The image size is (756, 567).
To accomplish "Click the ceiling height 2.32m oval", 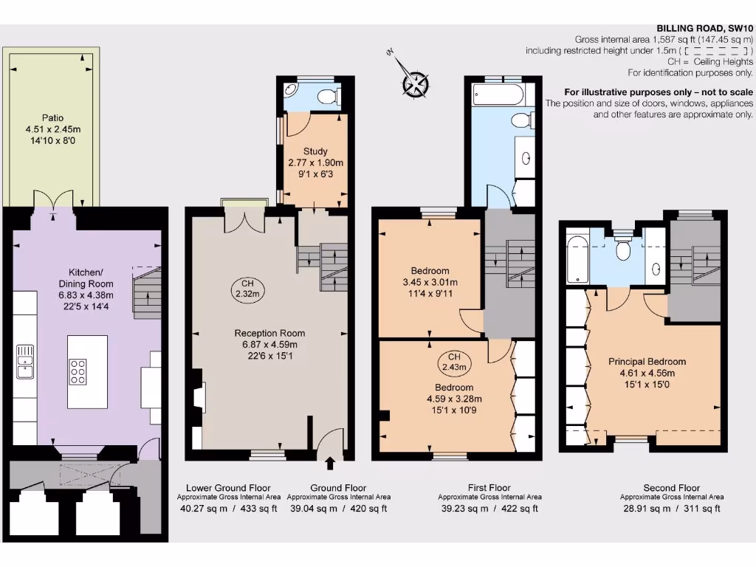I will [x=244, y=287].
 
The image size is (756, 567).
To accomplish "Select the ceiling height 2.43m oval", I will [x=453, y=361].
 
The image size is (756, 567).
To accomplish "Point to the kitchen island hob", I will [x=78, y=371].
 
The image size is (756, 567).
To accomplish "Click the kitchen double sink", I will [x=24, y=361].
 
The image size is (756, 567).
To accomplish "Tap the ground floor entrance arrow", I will [x=329, y=463].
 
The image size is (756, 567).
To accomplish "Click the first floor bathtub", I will [x=497, y=93].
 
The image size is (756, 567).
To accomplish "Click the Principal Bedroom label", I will [x=647, y=362].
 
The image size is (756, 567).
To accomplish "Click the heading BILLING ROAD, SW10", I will [x=704, y=27].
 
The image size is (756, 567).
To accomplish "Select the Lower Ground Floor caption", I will [x=228, y=488].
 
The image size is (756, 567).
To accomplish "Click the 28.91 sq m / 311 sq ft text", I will [x=671, y=508].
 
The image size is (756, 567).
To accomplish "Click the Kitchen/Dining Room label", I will [x=86, y=278].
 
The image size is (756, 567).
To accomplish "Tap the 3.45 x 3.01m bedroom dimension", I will [x=430, y=282].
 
